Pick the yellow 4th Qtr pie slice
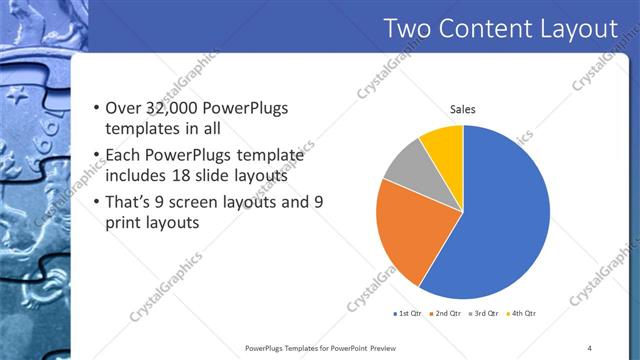click(x=444, y=144)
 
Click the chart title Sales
click(x=462, y=109)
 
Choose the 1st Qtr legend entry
click(x=410, y=313)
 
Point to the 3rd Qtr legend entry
click(x=485, y=313)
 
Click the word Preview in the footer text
click(x=385, y=348)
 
